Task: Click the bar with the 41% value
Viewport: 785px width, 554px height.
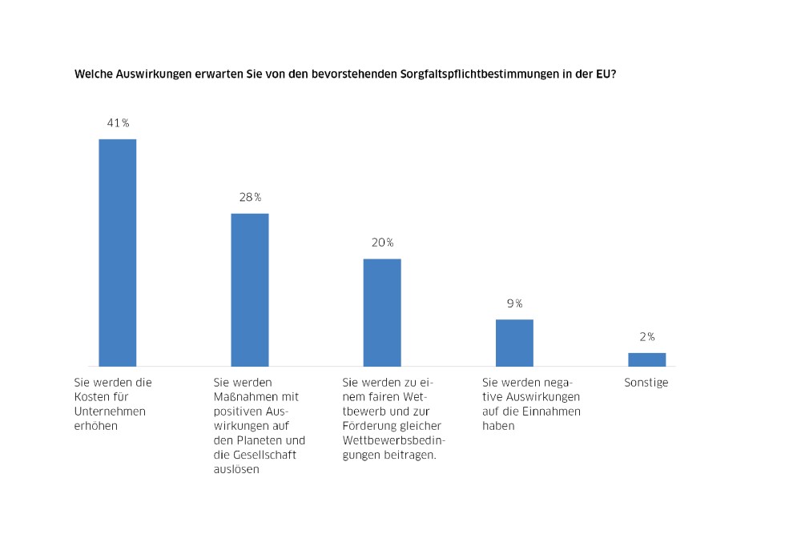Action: (x=117, y=252)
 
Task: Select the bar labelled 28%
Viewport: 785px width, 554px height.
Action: (x=250, y=289)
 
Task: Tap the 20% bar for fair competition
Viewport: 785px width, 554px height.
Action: (x=382, y=312)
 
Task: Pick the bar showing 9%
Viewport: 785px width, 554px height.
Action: (x=514, y=343)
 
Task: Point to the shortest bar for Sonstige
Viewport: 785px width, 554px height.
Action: (x=646, y=359)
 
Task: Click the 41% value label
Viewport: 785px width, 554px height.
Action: (x=118, y=123)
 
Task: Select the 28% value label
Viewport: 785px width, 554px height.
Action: (x=250, y=198)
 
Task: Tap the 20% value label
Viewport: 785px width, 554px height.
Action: (x=382, y=243)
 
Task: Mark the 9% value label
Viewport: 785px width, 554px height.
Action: (x=514, y=303)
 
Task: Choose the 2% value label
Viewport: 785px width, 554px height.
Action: (x=646, y=337)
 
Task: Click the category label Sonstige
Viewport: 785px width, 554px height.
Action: (x=646, y=383)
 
